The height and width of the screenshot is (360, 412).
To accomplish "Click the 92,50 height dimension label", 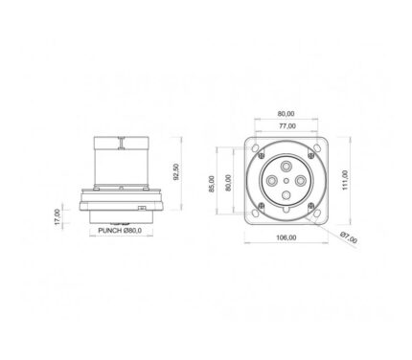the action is (x=176, y=172).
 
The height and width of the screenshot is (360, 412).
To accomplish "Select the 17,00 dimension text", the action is (x=57, y=216).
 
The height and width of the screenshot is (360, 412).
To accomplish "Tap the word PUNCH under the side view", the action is (x=110, y=230).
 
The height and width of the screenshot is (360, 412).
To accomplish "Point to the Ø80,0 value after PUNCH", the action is (x=132, y=230).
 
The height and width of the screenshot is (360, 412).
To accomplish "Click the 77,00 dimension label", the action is (x=287, y=126).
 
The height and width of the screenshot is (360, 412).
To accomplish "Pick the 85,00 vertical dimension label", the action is (x=212, y=184).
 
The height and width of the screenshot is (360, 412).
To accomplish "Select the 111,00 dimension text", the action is (x=345, y=180).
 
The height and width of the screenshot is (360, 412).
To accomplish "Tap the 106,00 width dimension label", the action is (x=286, y=237).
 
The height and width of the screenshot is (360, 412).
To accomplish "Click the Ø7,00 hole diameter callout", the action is (x=349, y=237).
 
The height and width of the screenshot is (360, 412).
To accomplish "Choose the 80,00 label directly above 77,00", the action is (x=286, y=114).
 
